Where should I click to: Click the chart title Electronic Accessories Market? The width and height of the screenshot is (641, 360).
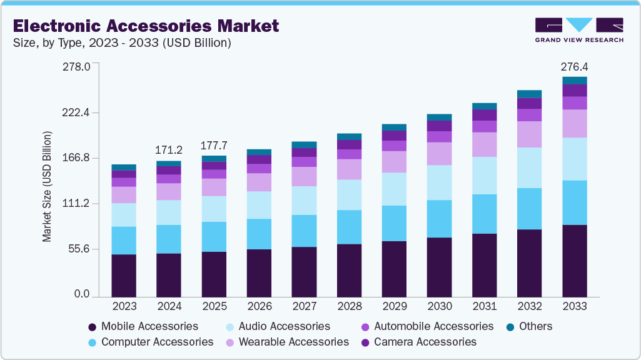click(x=146, y=26)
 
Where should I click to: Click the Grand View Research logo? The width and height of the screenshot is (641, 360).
click(x=578, y=29)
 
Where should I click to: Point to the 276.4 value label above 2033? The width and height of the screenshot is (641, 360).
click(x=574, y=66)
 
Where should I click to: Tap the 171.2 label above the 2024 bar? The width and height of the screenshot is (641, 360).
click(x=169, y=150)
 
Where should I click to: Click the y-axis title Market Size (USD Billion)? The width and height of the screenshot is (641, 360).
click(x=47, y=187)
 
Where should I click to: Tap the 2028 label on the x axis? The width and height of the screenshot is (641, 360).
click(x=349, y=306)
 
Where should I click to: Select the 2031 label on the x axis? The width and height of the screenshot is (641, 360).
click(x=484, y=306)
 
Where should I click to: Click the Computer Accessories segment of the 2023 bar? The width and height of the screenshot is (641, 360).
click(x=124, y=241)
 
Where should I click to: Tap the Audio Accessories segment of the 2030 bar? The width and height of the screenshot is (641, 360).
click(x=439, y=182)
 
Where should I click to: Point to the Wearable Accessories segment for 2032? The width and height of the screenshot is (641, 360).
click(x=529, y=134)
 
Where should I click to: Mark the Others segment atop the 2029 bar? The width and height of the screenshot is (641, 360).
click(x=394, y=127)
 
